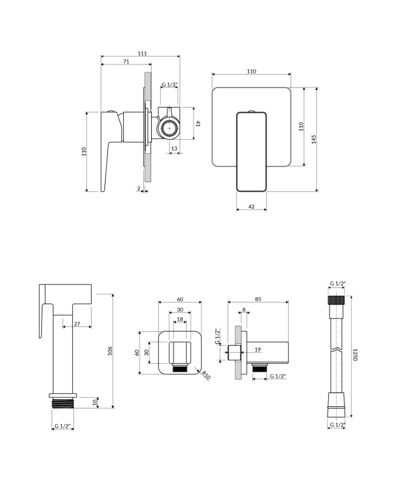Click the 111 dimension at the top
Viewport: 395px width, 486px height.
tap(142, 54)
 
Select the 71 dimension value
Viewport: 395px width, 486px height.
tap(126, 61)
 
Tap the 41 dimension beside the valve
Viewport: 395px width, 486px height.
tap(198, 123)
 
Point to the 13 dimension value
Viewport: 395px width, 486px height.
tap(174, 148)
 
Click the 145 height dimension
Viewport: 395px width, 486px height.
tap(313, 139)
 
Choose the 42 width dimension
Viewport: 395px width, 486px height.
tap(251, 207)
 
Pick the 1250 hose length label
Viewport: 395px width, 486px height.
tap(354, 354)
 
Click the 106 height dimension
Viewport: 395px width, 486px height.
tap(110, 352)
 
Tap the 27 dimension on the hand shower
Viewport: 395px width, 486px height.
tap(78, 324)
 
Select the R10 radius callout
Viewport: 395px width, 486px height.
tap(206, 375)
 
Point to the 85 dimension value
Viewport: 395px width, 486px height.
tap(258, 298)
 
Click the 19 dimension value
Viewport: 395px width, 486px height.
tap(257, 350)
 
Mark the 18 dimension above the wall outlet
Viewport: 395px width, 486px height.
tap(180, 319)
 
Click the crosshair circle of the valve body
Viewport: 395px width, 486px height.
tap(169, 128)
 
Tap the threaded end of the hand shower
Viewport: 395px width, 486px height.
tap(63, 402)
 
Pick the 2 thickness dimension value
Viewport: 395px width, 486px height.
tap(139, 189)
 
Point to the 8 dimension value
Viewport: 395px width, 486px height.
tap(244, 310)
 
